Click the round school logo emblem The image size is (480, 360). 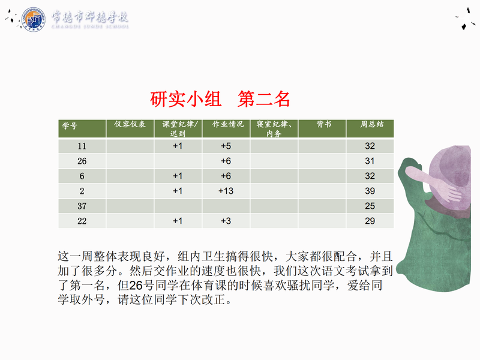[x=34, y=19]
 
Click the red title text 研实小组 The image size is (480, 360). [x=185, y=99]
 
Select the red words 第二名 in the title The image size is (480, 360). [x=263, y=99]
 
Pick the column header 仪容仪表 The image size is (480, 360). [x=130, y=124]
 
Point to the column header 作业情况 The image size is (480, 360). [x=228, y=124]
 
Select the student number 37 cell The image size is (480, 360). [x=82, y=206]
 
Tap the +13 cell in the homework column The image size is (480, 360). [x=226, y=191]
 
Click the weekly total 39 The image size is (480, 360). [x=370, y=191]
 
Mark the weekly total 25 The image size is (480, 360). [x=370, y=206]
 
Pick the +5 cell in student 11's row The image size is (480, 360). [x=226, y=146]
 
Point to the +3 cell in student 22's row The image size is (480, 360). [x=226, y=221]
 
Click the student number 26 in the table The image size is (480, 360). [x=82, y=161]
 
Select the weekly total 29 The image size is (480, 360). [x=370, y=221]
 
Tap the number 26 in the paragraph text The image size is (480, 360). [x=136, y=286]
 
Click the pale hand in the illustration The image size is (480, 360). [x=434, y=183]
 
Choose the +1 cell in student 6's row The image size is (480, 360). [x=178, y=176]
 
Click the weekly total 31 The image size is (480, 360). [x=370, y=161]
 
